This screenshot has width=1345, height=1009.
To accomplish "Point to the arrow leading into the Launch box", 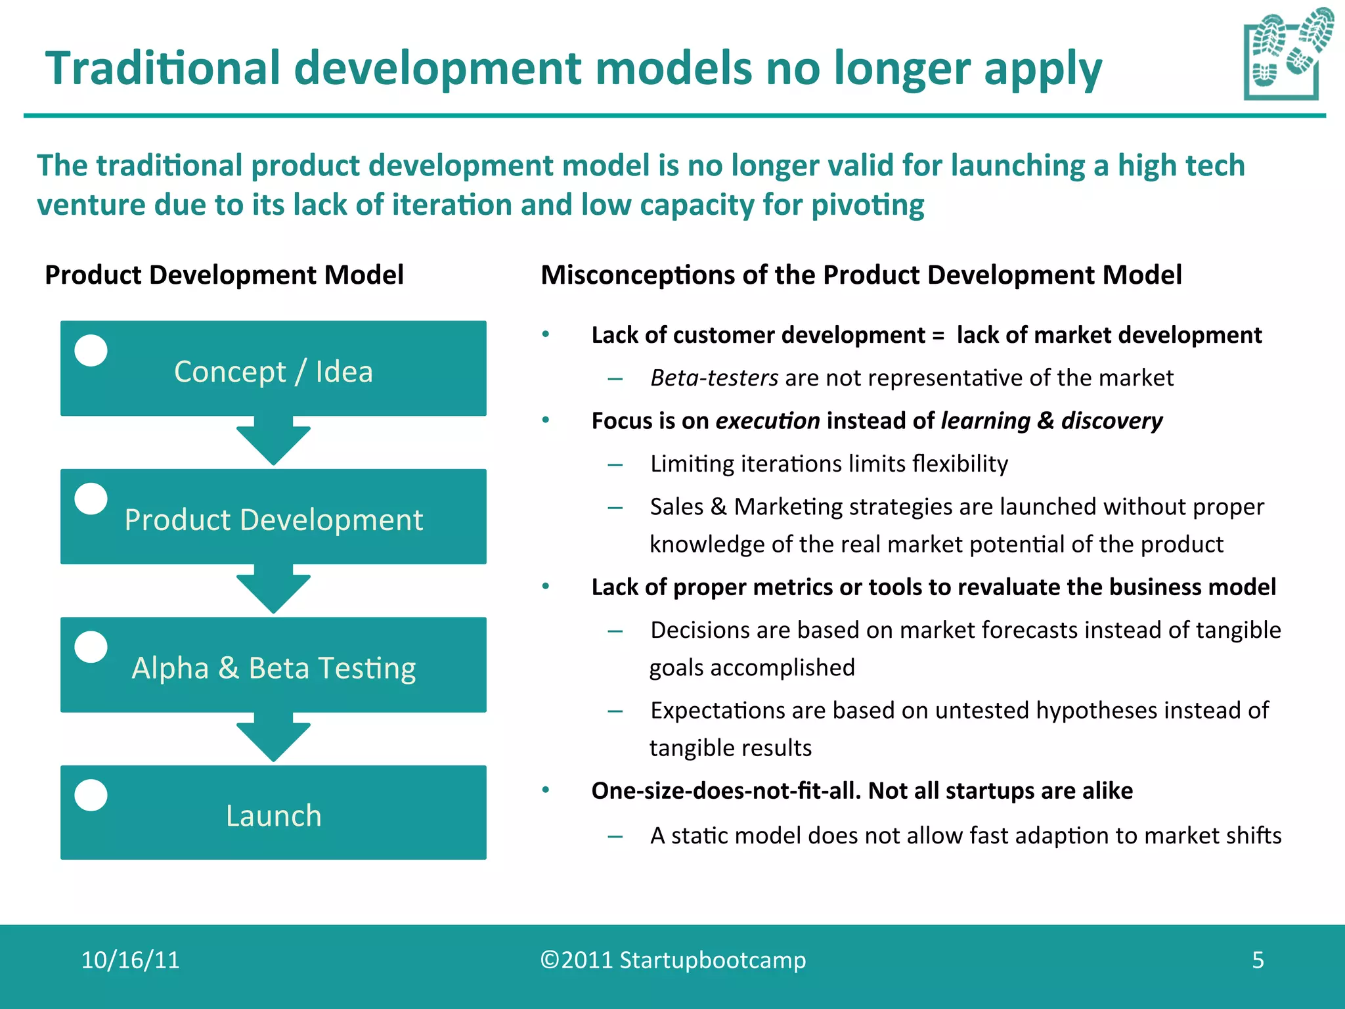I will [273, 738].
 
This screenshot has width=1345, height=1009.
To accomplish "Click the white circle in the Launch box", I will [91, 795].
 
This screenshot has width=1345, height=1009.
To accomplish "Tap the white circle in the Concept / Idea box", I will [91, 351].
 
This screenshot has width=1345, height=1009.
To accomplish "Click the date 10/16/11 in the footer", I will [130, 960].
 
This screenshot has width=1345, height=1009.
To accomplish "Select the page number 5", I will [1258, 960].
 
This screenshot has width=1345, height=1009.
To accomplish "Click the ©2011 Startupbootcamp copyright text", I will [672, 960].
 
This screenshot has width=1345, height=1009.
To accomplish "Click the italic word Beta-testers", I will [714, 378].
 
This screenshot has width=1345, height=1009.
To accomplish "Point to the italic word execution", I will [767, 421].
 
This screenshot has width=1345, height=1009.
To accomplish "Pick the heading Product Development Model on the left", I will [224, 275].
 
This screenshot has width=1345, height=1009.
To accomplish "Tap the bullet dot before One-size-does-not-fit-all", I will [545, 790].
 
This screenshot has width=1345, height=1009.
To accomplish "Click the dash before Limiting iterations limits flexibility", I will [615, 465].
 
